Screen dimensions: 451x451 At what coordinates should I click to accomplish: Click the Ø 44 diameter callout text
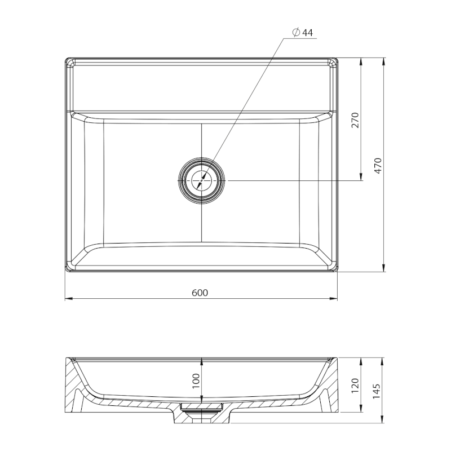(302, 33)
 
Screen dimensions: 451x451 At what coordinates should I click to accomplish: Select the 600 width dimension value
(200, 293)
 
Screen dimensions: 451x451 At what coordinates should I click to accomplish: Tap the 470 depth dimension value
(378, 166)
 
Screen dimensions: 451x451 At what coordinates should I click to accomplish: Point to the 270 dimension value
(356, 120)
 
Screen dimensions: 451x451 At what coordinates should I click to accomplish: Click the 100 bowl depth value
(196, 381)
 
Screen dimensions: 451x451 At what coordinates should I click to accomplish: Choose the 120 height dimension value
(355, 386)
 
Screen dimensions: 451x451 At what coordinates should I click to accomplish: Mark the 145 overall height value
(377, 391)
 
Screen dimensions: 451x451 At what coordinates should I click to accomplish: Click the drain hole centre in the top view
(202, 180)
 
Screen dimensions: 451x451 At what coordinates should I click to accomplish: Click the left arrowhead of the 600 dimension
(68, 299)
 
